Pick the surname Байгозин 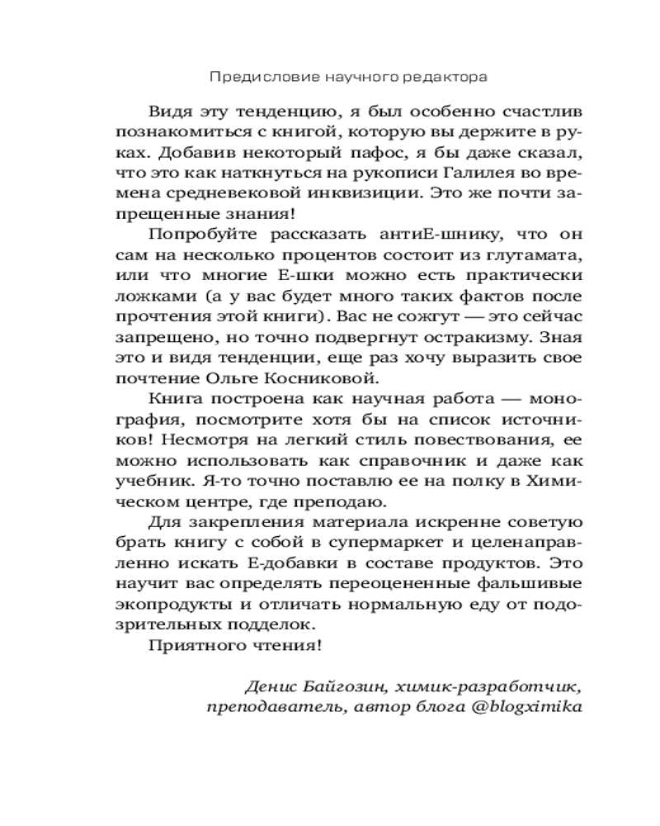[x=342, y=687]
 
